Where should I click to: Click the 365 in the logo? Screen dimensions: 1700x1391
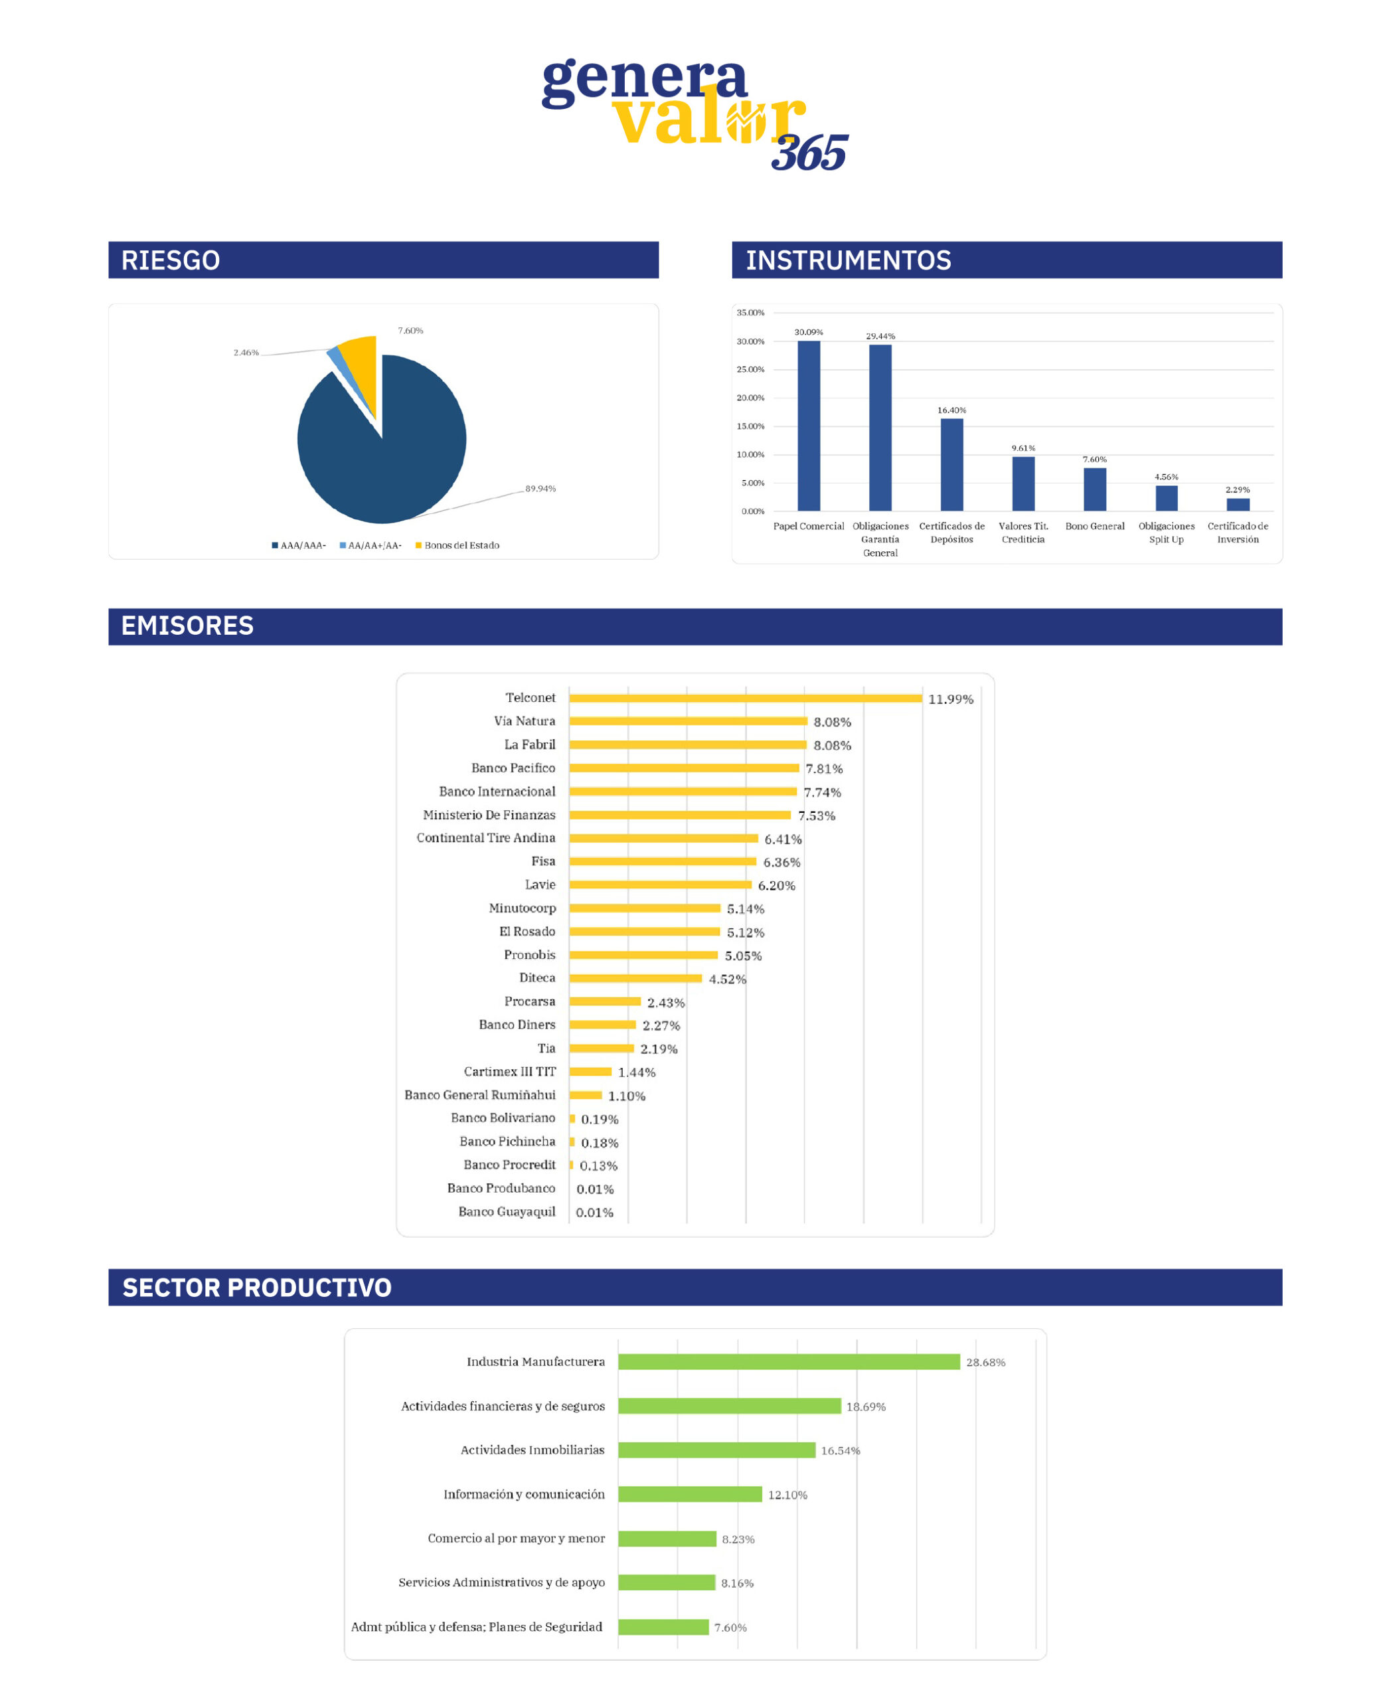pyautogui.click(x=809, y=153)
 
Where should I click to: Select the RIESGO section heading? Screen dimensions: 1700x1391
pyautogui.click(x=170, y=260)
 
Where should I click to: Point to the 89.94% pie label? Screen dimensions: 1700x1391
pyautogui.click(x=540, y=488)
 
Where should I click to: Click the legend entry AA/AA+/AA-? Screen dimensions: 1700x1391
pyautogui.click(x=370, y=545)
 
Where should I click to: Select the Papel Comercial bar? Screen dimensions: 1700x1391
pyautogui.click(x=809, y=425)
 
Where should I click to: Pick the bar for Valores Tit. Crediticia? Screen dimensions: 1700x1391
pyautogui.click(x=1023, y=483)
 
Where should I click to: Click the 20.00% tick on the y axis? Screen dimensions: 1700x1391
pyautogui.click(x=751, y=398)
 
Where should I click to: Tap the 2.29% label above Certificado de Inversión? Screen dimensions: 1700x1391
pyautogui.click(x=1237, y=489)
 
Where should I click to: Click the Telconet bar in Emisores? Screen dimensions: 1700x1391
pyautogui.click(x=745, y=698)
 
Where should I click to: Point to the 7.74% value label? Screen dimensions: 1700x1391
pyautogui.click(x=822, y=792)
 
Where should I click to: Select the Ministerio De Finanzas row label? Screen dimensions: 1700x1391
pyautogui.click(x=489, y=814)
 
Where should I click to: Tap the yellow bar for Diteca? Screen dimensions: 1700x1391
pyautogui.click(x=635, y=978)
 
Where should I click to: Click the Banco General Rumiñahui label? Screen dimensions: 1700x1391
pyautogui.click(x=479, y=1095)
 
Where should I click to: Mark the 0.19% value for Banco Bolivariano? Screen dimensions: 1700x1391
pyautogui.click(x=600, y=1119)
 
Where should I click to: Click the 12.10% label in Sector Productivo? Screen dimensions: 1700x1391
pyautogui.click(x=787, y=1495)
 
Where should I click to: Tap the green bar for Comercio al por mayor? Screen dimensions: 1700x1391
pyautogui.click(x=667, y=1539)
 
